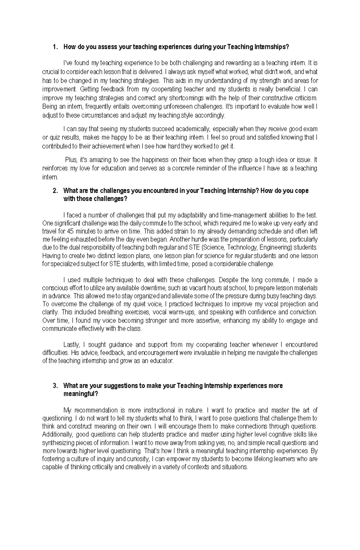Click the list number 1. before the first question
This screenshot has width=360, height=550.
[x=54, y=47]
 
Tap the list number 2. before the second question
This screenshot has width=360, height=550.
[x=54, y=191]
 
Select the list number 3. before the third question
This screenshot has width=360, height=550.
[x=54, y=386]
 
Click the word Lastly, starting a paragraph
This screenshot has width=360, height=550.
[x=71, y=345]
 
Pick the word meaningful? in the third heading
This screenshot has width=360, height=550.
[x=80, y=394]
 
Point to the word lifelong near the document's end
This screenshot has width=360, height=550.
[x=259, y=459]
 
